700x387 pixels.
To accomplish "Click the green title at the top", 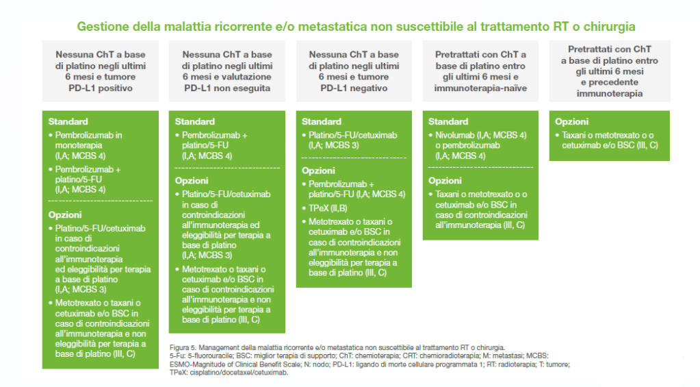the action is tap(356, 26).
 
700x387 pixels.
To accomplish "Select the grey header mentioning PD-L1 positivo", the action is tap(101, 71).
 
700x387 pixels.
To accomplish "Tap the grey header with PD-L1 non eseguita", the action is tap(226, 71).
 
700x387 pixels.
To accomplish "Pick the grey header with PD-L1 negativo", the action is tap(354, 71).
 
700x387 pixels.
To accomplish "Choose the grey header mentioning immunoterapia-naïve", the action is tap(480, 71).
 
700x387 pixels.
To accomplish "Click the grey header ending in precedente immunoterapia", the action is tap(610, 71).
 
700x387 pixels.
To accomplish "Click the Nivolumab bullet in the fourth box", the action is tap(478, 145).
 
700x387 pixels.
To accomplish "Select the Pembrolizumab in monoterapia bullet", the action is tap(86, 145).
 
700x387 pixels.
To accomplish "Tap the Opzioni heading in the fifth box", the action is tap(571, 121).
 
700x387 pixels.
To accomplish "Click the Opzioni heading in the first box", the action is tap(65, 214).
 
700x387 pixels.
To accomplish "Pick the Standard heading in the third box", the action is tap(322, 121).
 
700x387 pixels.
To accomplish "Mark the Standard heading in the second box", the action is tap(194, 121).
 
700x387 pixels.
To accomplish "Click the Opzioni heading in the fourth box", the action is tap(445, 181).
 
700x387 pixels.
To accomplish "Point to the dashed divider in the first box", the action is tap(101, 201).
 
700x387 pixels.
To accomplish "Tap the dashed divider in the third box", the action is tap(354, 158).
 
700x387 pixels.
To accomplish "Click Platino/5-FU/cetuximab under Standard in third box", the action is tap(350, 140).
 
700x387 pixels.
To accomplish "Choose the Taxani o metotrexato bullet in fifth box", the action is tap(607, 140).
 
